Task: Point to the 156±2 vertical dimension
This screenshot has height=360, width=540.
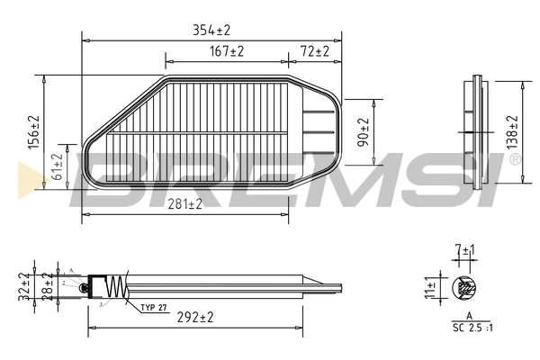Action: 34,134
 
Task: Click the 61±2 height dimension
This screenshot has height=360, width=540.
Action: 58,168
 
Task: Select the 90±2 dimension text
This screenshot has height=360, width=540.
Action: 363,131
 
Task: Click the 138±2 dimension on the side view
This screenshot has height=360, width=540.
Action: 512,132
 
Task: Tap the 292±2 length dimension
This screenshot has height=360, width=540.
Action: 194,317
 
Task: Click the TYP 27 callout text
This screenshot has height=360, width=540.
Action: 154,308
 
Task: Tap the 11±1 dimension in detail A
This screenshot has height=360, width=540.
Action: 429,288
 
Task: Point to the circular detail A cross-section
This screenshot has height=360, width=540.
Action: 465,289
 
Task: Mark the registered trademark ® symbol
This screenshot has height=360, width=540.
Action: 514,159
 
